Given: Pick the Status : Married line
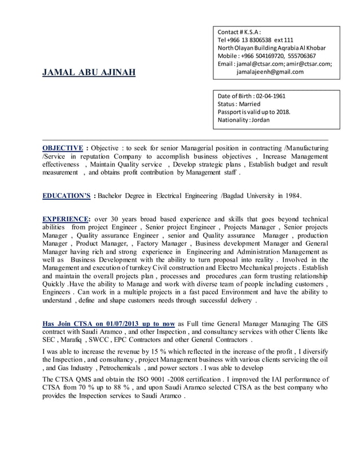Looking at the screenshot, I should click(239, 104).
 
